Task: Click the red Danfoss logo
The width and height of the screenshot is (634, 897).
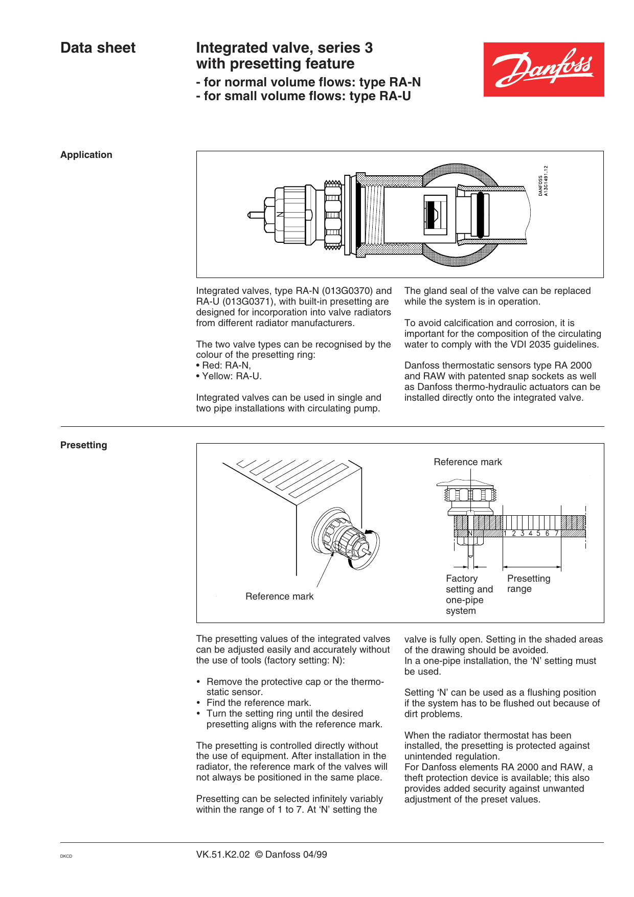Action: tap(544, 70)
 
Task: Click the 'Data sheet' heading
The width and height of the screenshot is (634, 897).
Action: tap(98, 48)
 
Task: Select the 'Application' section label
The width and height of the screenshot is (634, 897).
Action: tap(86, 155)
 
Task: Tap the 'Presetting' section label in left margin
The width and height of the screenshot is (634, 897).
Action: tap(84, 445)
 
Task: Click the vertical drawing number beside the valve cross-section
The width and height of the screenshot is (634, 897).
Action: tap(543, 180)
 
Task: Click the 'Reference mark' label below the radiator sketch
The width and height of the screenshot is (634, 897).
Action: tap(279, 596)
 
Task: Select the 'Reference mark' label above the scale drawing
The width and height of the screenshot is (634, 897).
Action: tap(467, 462)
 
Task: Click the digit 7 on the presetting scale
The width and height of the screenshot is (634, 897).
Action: tap(557, 534)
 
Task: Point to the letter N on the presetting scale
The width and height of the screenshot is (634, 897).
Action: tap(470, 534)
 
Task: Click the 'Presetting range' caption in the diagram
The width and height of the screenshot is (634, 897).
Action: tap(528, 584)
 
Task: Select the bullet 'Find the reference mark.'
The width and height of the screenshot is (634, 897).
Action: tap(258, 703)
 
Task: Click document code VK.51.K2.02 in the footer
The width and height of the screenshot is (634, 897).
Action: tap(223, 855)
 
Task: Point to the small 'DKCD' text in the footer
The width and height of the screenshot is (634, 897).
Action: tap(66, 856)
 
